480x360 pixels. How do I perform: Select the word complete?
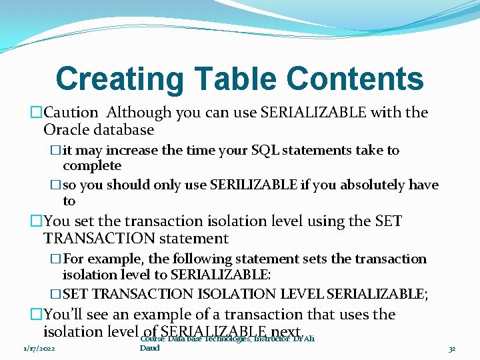point(92,166)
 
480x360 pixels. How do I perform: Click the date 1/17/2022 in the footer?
point(39,348)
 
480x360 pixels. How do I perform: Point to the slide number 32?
point(452,348)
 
